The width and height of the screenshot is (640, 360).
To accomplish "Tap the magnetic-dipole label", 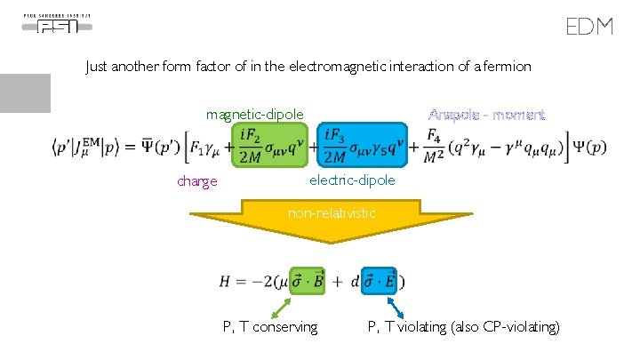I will [x=254, y=114].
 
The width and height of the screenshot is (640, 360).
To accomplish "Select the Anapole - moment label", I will [x=486, y=115].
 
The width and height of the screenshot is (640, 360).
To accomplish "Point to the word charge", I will [x=196, y=181].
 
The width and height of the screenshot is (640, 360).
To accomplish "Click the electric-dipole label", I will [x=352, y=180].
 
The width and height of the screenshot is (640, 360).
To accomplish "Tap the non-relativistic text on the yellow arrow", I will [x=332, y=213].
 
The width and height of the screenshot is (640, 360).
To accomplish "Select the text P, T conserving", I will [x=270, y=327].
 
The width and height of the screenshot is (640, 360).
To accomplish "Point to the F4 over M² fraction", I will [x=433, y=147].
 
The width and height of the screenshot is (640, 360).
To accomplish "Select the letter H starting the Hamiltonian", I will [x=226, y=281].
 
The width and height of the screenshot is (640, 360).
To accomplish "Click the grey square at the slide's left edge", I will [x=25, y=93].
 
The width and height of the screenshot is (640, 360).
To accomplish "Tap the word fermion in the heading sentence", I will [x=508, y=66].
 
